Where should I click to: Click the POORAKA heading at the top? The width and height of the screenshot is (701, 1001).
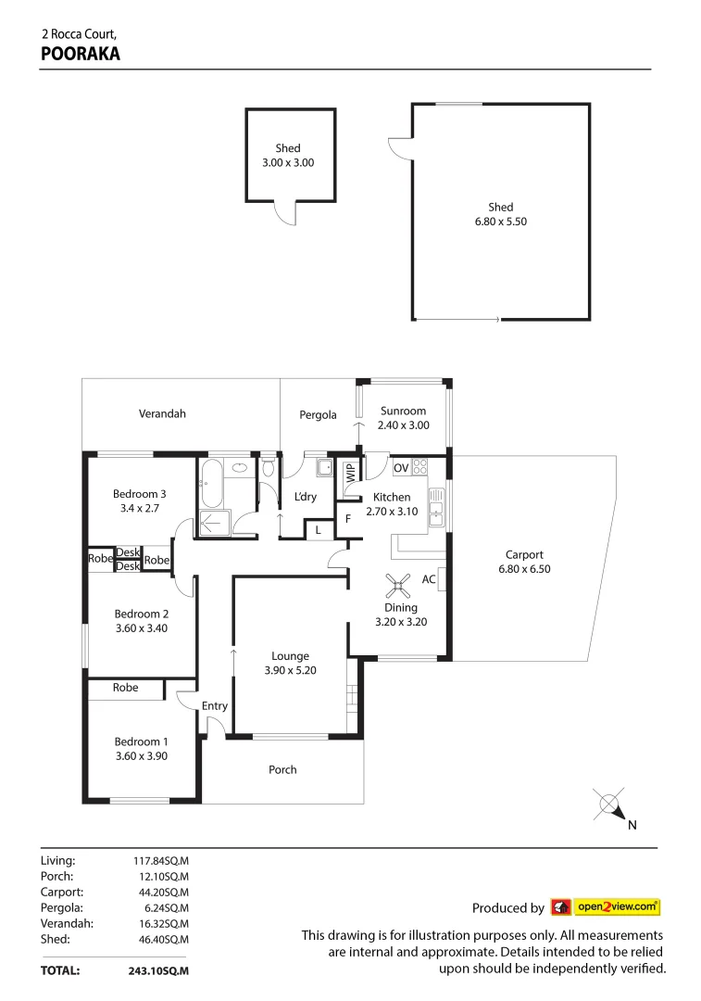click(81, 54)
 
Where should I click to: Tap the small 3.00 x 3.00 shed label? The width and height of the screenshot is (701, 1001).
click(288, 162)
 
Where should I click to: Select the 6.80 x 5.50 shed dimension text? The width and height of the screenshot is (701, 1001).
click(501, 222)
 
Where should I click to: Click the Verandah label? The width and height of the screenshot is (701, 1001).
click(162, 413)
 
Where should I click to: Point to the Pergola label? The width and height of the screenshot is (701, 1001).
click(318, 415)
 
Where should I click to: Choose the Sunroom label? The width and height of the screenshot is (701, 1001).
click(402, 411)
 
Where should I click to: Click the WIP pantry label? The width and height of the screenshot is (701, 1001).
click(351, 471)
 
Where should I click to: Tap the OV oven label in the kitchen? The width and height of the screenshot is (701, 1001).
click(401, 467)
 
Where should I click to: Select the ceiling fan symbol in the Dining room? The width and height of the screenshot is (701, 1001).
click(399, 585)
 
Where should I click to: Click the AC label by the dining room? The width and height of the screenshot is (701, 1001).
click(429, 579)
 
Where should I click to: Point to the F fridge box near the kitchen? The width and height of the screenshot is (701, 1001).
click(347, 518)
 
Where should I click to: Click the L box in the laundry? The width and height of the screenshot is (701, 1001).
click(318, 530)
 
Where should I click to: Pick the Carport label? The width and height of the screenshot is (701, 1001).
click(524, 555)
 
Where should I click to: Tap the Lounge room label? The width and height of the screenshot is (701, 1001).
click(290, 656)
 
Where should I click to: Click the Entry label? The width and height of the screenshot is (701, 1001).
click(215, 706)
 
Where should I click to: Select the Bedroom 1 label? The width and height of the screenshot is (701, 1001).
click(141, 741)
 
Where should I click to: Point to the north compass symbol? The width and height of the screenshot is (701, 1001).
click(609, 805)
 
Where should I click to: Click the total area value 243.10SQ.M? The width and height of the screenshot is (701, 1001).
click(158, 971)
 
